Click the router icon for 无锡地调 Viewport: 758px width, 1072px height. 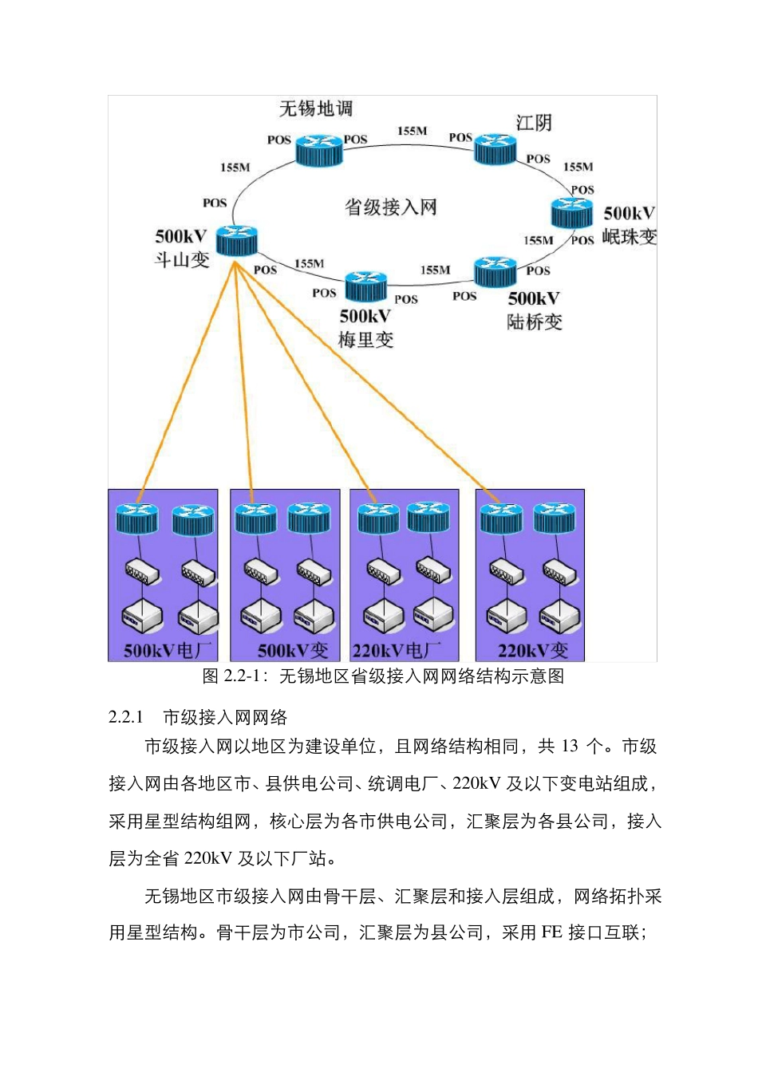[318, 149]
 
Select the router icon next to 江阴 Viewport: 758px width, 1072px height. [495, 148]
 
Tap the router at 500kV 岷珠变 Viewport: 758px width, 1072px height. [571, 212]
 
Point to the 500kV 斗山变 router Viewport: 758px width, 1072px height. [236, 240]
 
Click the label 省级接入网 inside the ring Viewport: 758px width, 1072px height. [390, 207]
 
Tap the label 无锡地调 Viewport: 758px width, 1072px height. [315, 108]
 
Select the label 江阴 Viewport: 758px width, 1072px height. [533, 123]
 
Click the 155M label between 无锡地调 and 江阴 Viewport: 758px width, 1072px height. [412, 131]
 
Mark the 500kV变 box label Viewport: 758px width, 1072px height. [292, 651]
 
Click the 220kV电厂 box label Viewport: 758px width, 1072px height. [396, 651]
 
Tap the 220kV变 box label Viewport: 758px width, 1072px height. [532, 651]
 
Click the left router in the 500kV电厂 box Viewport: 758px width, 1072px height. [136, 518]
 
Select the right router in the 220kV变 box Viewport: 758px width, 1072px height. [555, 518]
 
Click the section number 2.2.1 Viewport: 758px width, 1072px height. [125, 717]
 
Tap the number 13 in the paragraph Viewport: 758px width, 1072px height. [569, 747]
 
